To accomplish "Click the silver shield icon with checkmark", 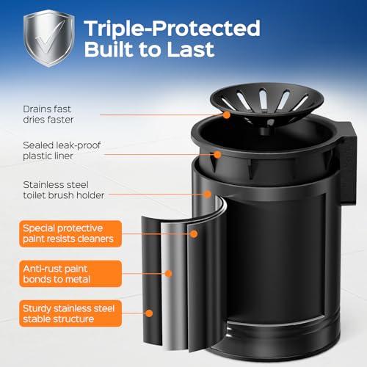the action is tap(49, 38).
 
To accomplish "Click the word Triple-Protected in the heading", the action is tap(172, 29).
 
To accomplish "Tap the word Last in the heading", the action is tap(191, 50).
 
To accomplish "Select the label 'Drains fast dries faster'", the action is tap(48, 115).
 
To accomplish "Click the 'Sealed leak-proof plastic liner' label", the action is tap(62, 150).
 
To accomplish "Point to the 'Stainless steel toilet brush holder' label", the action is tap(64, 190).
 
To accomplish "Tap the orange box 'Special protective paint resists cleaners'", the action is tap(70, 233).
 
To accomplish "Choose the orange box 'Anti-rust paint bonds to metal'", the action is tap(70, 274).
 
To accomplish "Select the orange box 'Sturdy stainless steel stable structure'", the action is tap(70, 313).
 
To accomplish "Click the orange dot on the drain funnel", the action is tap(227, 115).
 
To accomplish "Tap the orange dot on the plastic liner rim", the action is tap(217, 154).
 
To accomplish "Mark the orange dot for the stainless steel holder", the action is tap(208, 195).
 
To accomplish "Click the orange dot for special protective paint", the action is tap(194, 234).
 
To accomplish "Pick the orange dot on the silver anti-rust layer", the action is tap(169, 274).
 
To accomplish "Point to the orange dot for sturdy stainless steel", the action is tap(149, 313).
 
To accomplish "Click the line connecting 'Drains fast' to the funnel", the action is tap(161, 115).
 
